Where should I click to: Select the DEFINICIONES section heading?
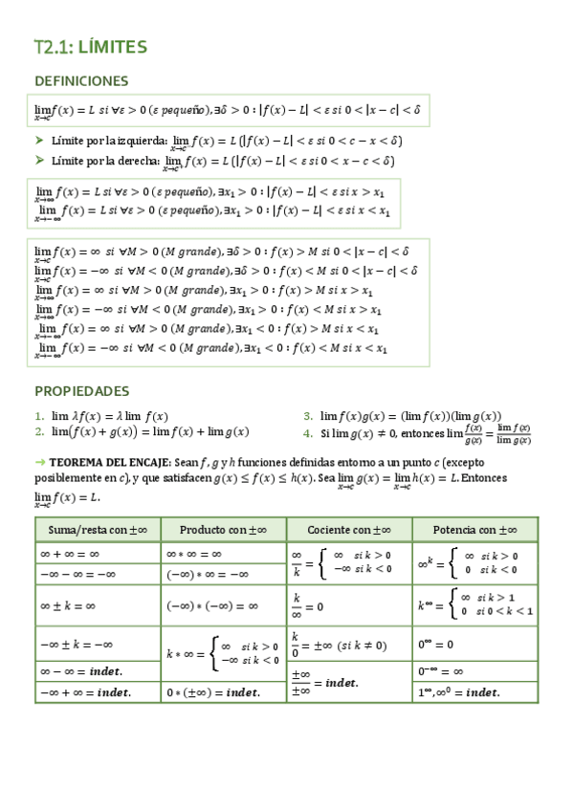coord(81,80)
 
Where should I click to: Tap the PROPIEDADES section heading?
coord(81,391)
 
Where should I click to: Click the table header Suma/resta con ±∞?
coord(96,529)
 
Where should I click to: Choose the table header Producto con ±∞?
coord(222,529)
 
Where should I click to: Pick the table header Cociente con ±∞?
coord(349,529)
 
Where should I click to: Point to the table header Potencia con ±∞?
coord(475,529)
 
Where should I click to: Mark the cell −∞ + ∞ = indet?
coord(84,691)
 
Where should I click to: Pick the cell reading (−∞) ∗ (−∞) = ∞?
coord(212,605)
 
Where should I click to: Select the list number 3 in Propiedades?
coord(308,416)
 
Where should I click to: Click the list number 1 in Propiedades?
coord(39,416)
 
